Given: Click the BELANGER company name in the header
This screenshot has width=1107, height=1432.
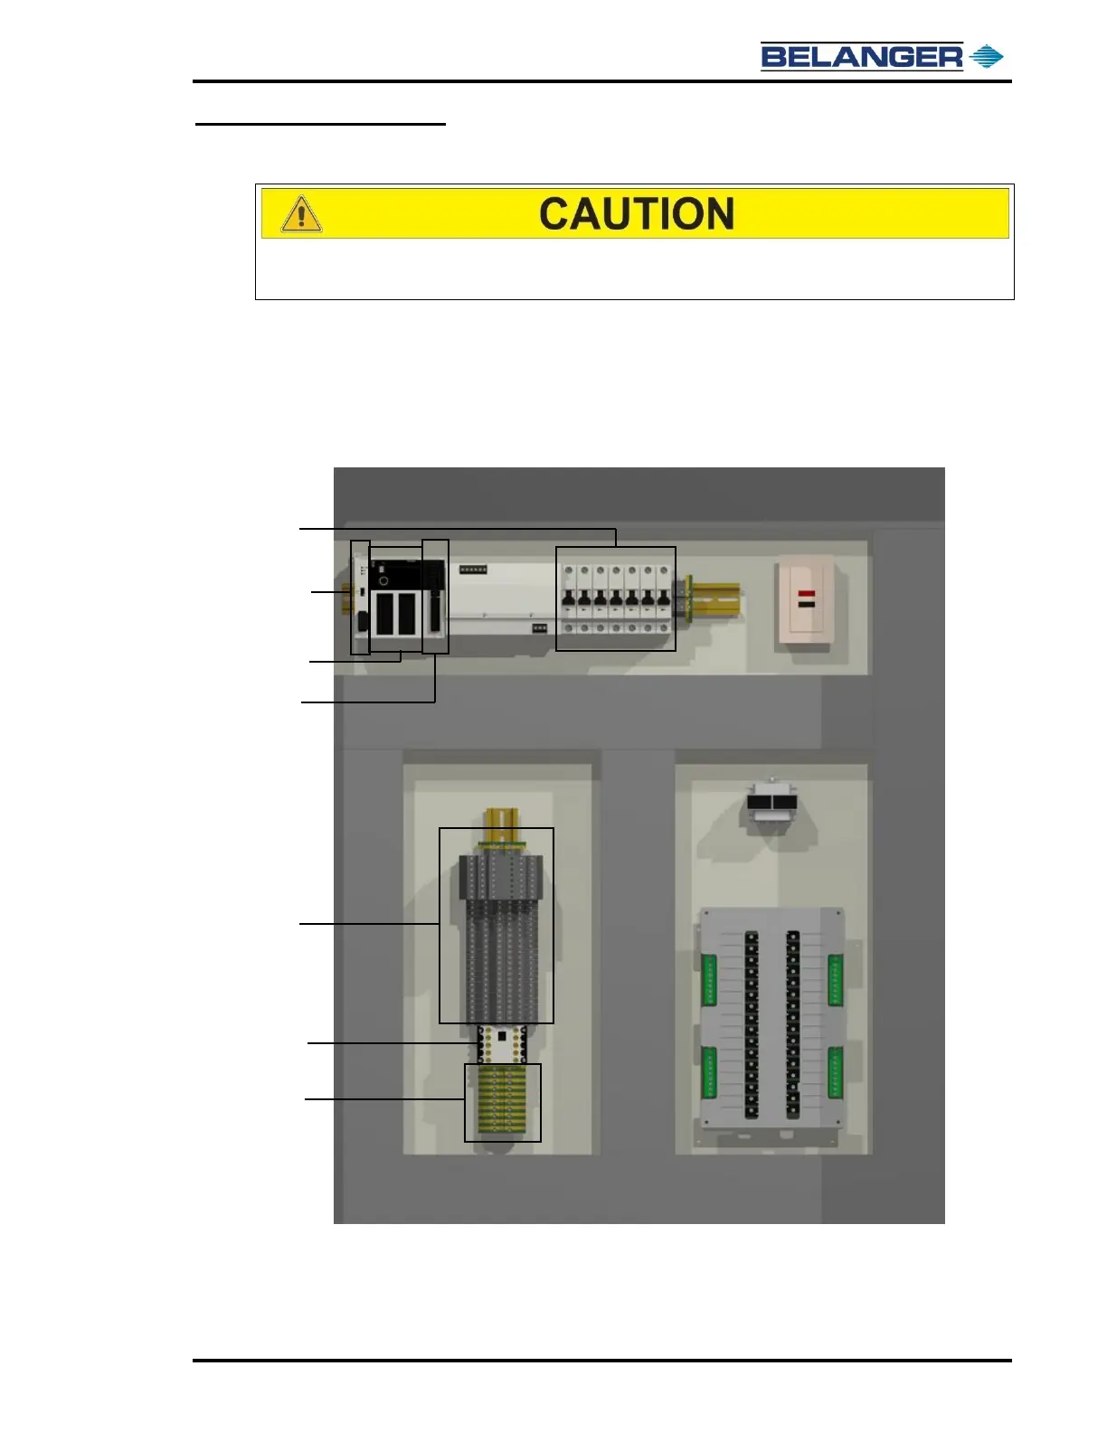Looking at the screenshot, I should pos(861,57).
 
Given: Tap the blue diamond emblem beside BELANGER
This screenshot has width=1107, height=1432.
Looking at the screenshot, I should pos(986,57).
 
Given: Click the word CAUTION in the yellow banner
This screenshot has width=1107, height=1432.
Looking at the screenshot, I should pos(637,214).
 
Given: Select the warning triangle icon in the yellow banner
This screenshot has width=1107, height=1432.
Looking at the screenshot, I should pos(301,214).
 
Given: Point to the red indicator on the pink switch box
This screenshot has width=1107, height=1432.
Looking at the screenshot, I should pos(806,594).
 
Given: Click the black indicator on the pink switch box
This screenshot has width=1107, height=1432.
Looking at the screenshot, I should pos(806,603).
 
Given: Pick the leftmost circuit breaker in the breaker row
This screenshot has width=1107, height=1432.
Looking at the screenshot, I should pos(569,598).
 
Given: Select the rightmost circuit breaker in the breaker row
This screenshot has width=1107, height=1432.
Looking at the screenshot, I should pos(664,598).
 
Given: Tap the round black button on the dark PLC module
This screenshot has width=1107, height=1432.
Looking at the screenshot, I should pos(383,580).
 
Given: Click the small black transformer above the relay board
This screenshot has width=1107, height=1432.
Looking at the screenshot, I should pos(772,804).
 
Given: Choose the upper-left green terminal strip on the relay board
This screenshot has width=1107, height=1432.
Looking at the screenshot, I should pos(709,979).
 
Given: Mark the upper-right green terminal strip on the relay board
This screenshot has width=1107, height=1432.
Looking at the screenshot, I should pos(835,979).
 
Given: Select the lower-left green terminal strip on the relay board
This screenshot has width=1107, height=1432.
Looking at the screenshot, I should pos(709,1072).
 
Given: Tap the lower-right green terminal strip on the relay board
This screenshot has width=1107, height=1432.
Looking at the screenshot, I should pos(835,1072).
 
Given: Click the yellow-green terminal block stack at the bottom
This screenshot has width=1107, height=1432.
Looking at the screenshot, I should pos(503,1101).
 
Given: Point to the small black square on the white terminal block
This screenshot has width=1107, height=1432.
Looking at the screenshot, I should pos(502,1036).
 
